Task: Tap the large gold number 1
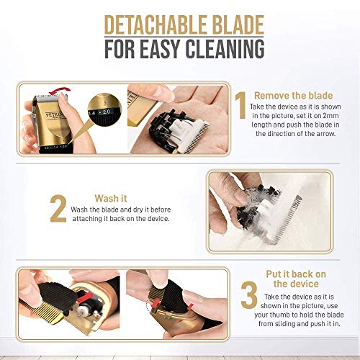[240, 105]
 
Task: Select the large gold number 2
[58, 209]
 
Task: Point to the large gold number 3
[249, 294]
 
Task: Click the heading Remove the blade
[293, 96]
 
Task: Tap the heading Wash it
[111, 199]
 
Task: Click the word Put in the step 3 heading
[274, 274]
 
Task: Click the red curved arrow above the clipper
[60, 91]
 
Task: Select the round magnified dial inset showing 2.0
[104, 109]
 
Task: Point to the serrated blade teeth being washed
[284, 219]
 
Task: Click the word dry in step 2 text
[138, 210]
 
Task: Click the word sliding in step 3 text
[284, 324]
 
